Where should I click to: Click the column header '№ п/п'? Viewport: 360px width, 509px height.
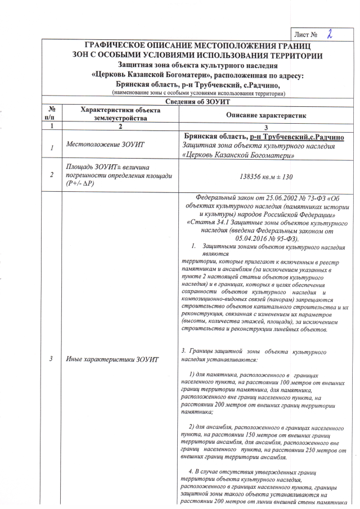pos(52,114)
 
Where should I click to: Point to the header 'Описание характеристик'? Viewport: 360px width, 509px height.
pos(265,115)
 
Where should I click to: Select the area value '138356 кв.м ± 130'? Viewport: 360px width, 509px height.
pos(265,176)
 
